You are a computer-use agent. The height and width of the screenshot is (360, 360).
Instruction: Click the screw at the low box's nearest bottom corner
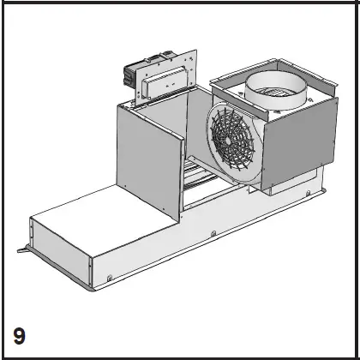point(111,277)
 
